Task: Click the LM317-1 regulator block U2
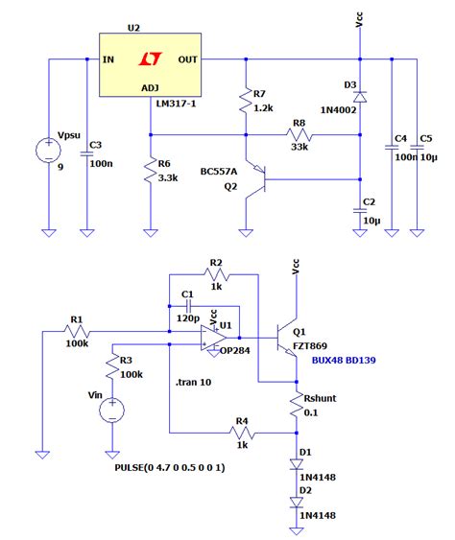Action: click(150, 63)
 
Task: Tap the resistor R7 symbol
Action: click(246, 100)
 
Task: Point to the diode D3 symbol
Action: click(360, 96)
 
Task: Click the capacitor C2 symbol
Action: click(360, 204)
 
